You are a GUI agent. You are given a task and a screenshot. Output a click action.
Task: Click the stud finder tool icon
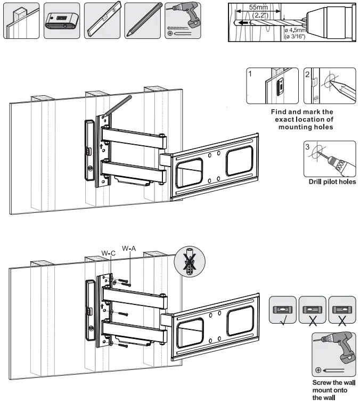click(x=61, y=21)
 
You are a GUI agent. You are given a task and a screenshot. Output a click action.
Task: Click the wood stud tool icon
click(x=22, y=21)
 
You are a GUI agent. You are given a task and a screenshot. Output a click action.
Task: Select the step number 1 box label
click(x=250, y=75)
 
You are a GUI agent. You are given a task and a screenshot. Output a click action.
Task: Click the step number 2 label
click(x=307, y=75)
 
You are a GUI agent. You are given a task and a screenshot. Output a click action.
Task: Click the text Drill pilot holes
click(x=332, y=182)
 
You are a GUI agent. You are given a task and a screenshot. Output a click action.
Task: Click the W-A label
click(x=129, y=248)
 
